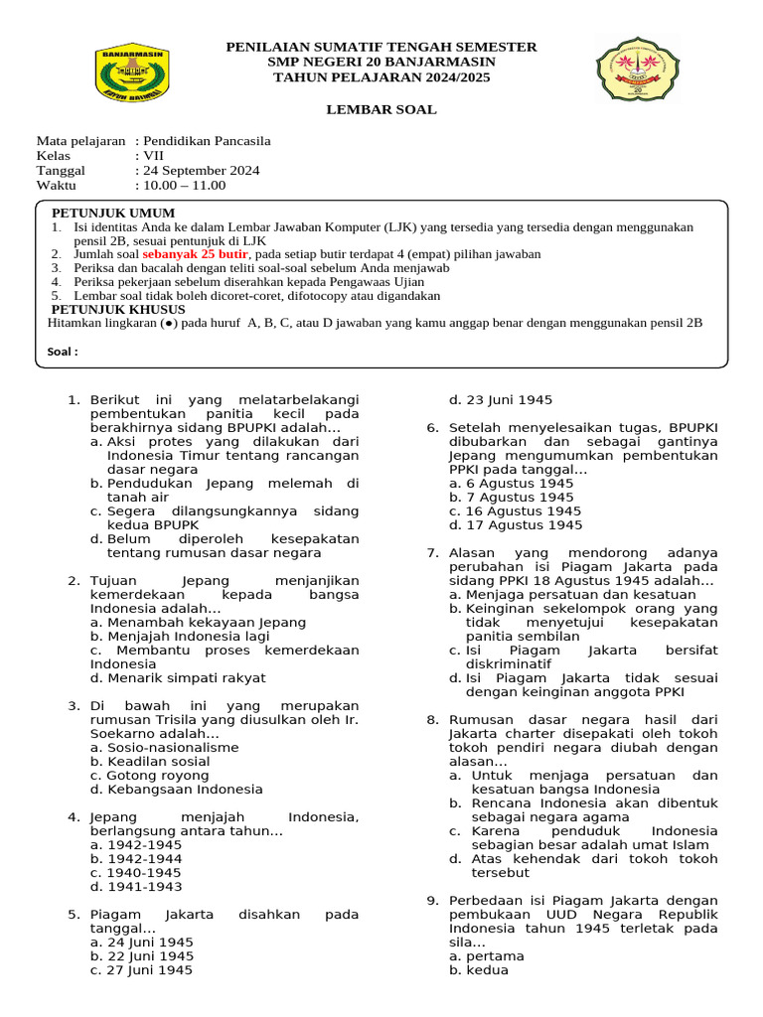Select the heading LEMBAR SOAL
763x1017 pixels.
[381, 109]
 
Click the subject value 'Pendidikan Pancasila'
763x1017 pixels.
[207, 141]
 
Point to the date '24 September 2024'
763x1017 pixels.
[202, 171]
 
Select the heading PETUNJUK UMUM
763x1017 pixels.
[113, 214]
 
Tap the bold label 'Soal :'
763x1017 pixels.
[63, 352]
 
